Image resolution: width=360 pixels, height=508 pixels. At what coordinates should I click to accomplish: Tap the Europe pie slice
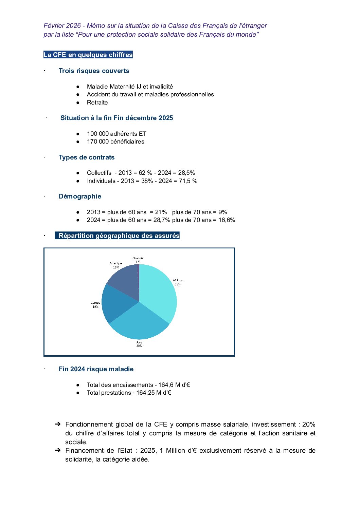pyautogui.click(x=117, y=302)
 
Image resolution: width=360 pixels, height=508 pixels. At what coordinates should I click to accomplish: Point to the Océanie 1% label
pyautogui.click(x=138, y=260)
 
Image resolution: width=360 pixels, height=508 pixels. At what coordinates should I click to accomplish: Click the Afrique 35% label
pyautogui.click(x=178, y=282)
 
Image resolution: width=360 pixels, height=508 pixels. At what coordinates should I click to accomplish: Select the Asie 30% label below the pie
pyautogui.click(x=139, y=344)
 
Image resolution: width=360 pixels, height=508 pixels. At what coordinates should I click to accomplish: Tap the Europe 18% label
pyautogui.click(x=95, y=305)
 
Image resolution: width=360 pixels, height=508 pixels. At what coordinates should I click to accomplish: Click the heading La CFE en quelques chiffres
pyautogui.click(x=88, y=55)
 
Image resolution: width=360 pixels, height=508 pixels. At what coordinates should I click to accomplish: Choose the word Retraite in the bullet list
pyautogui.click(x=97, y=102)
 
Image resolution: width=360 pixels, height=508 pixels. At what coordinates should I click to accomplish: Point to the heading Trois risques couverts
pyautogui.click(x=94, y=71)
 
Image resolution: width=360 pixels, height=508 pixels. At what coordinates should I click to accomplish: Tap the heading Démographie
pyautogui.click(x=80, y=196)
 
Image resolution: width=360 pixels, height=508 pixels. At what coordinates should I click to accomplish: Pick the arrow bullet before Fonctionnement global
pyautogui.click(x=58, y=424)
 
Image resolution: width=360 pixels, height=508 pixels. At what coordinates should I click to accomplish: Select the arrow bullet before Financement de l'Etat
pyautogui.click(x=58, y=450)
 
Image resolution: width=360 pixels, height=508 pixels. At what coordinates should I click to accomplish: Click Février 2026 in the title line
pyautogui.click(x=62, y=26)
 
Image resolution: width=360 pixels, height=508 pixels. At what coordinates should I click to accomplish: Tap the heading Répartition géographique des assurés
pyautogui.click(x=119, y=236)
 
